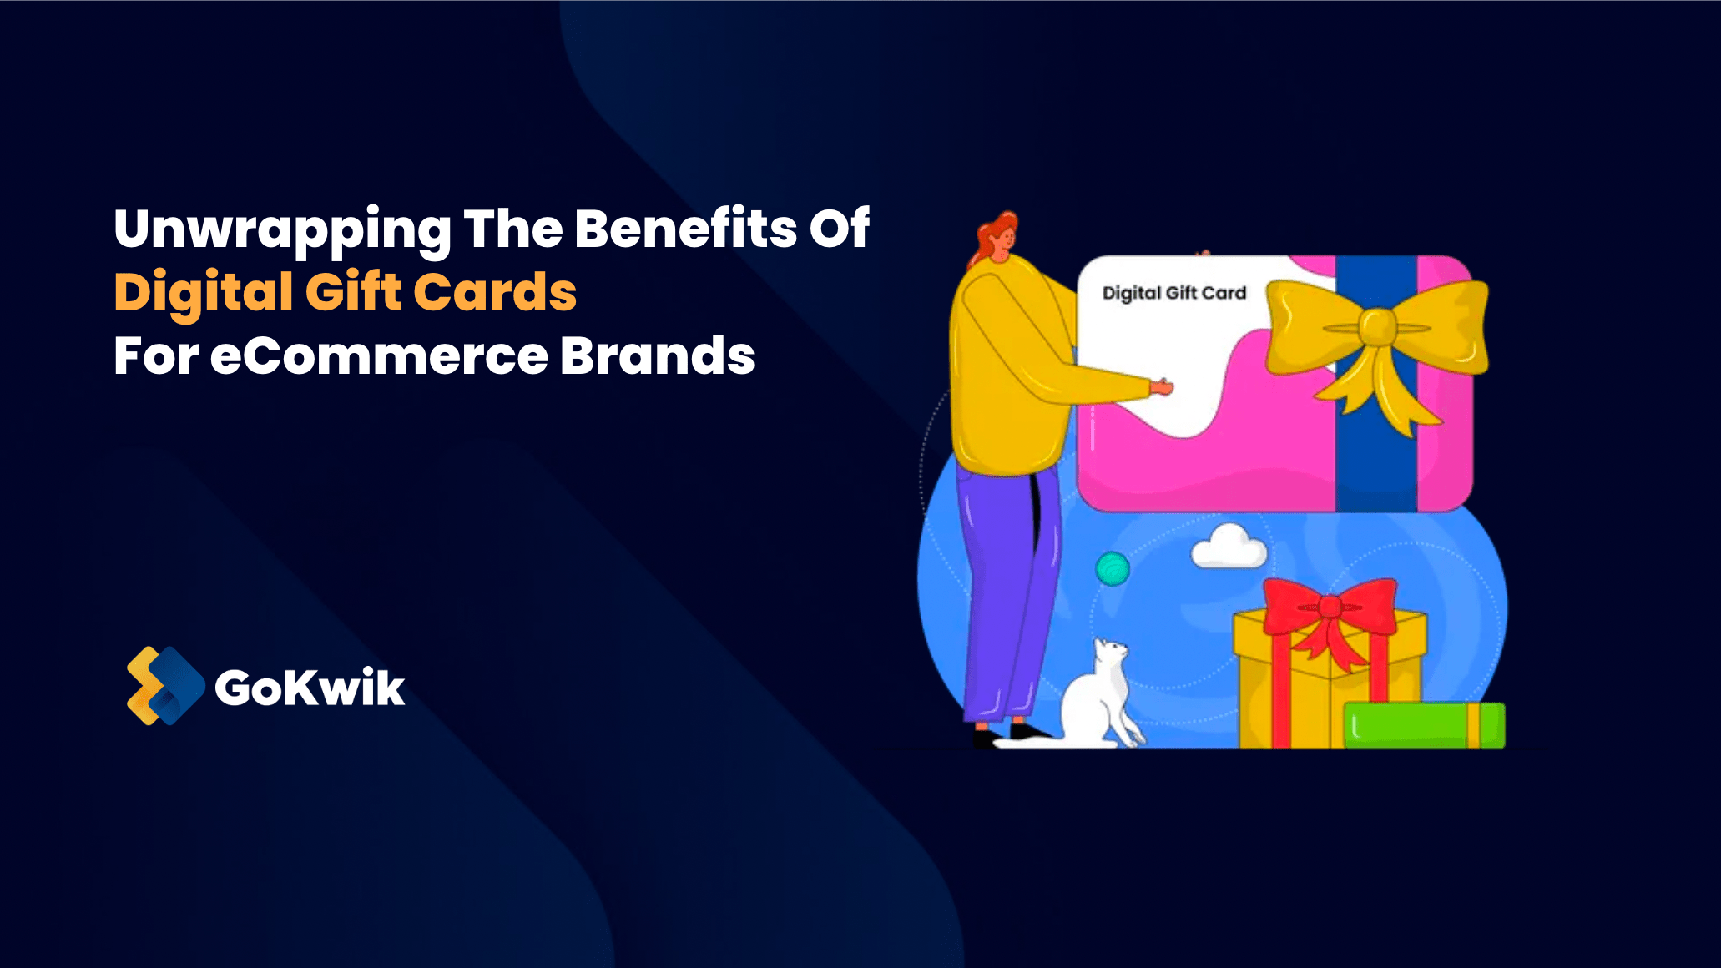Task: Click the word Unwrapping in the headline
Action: pyautogui.click(x=282, y=230)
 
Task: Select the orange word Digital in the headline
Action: pyautogui.click(x=204, y=294)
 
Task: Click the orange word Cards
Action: pyautogui.click(x=495, y=292)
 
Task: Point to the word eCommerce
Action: pyautogui.click(x=379, y=356)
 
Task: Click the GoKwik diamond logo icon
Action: pyautogui.click(x=165, y=686)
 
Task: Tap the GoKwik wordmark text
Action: pyautogui.click(x=310, y=688)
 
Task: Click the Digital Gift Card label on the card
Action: pyautogui.click(x=1174, y=293)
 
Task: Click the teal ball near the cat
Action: pyautogui.click(x=1113, y=569)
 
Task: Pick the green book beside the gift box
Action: pyautogui.click(x=1425, y=724)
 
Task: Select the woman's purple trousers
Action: pyautogui.click(x=1006, y=592)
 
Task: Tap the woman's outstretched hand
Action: pyautogui.click(x=1161, y=386)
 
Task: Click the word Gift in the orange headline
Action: pyautogui.click(x=353, y=292)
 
